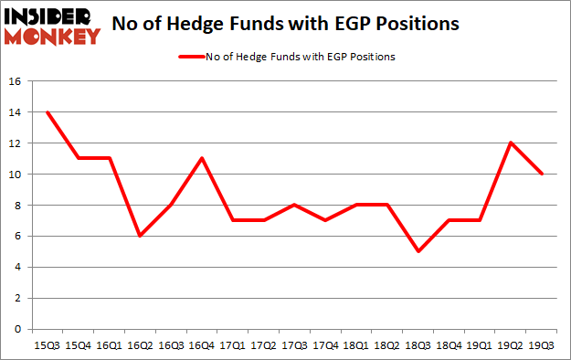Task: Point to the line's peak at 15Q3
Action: pos(46,112)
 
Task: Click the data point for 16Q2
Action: pos(139,236)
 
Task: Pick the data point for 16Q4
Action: pos(201,159)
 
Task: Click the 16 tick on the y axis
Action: pos(16,81)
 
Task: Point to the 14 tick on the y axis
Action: pos(16,112)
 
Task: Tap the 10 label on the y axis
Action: pos(16,175)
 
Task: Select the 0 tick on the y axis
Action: pos(18,329)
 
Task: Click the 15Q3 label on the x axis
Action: pos(46,344)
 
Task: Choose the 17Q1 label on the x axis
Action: pos(232,344)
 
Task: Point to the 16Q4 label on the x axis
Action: pos(201,344)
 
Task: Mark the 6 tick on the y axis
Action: pos(18,236)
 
